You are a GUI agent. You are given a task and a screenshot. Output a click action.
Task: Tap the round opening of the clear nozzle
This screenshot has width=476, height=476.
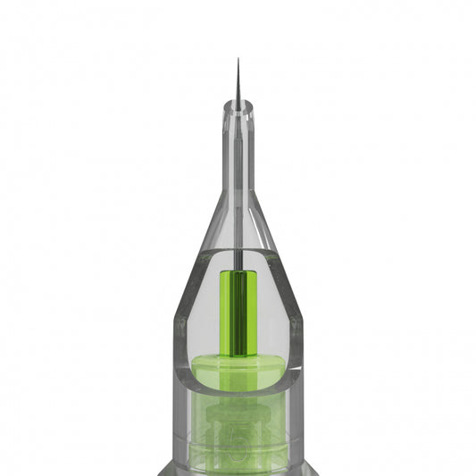238,105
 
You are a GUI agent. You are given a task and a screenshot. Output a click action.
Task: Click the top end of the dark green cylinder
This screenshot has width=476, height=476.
238,271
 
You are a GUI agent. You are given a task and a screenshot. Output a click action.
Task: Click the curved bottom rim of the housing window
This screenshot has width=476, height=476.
238,390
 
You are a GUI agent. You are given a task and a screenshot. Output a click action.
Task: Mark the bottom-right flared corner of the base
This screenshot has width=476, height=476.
314,471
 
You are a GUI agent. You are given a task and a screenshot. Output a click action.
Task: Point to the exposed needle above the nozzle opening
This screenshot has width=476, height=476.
238,85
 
